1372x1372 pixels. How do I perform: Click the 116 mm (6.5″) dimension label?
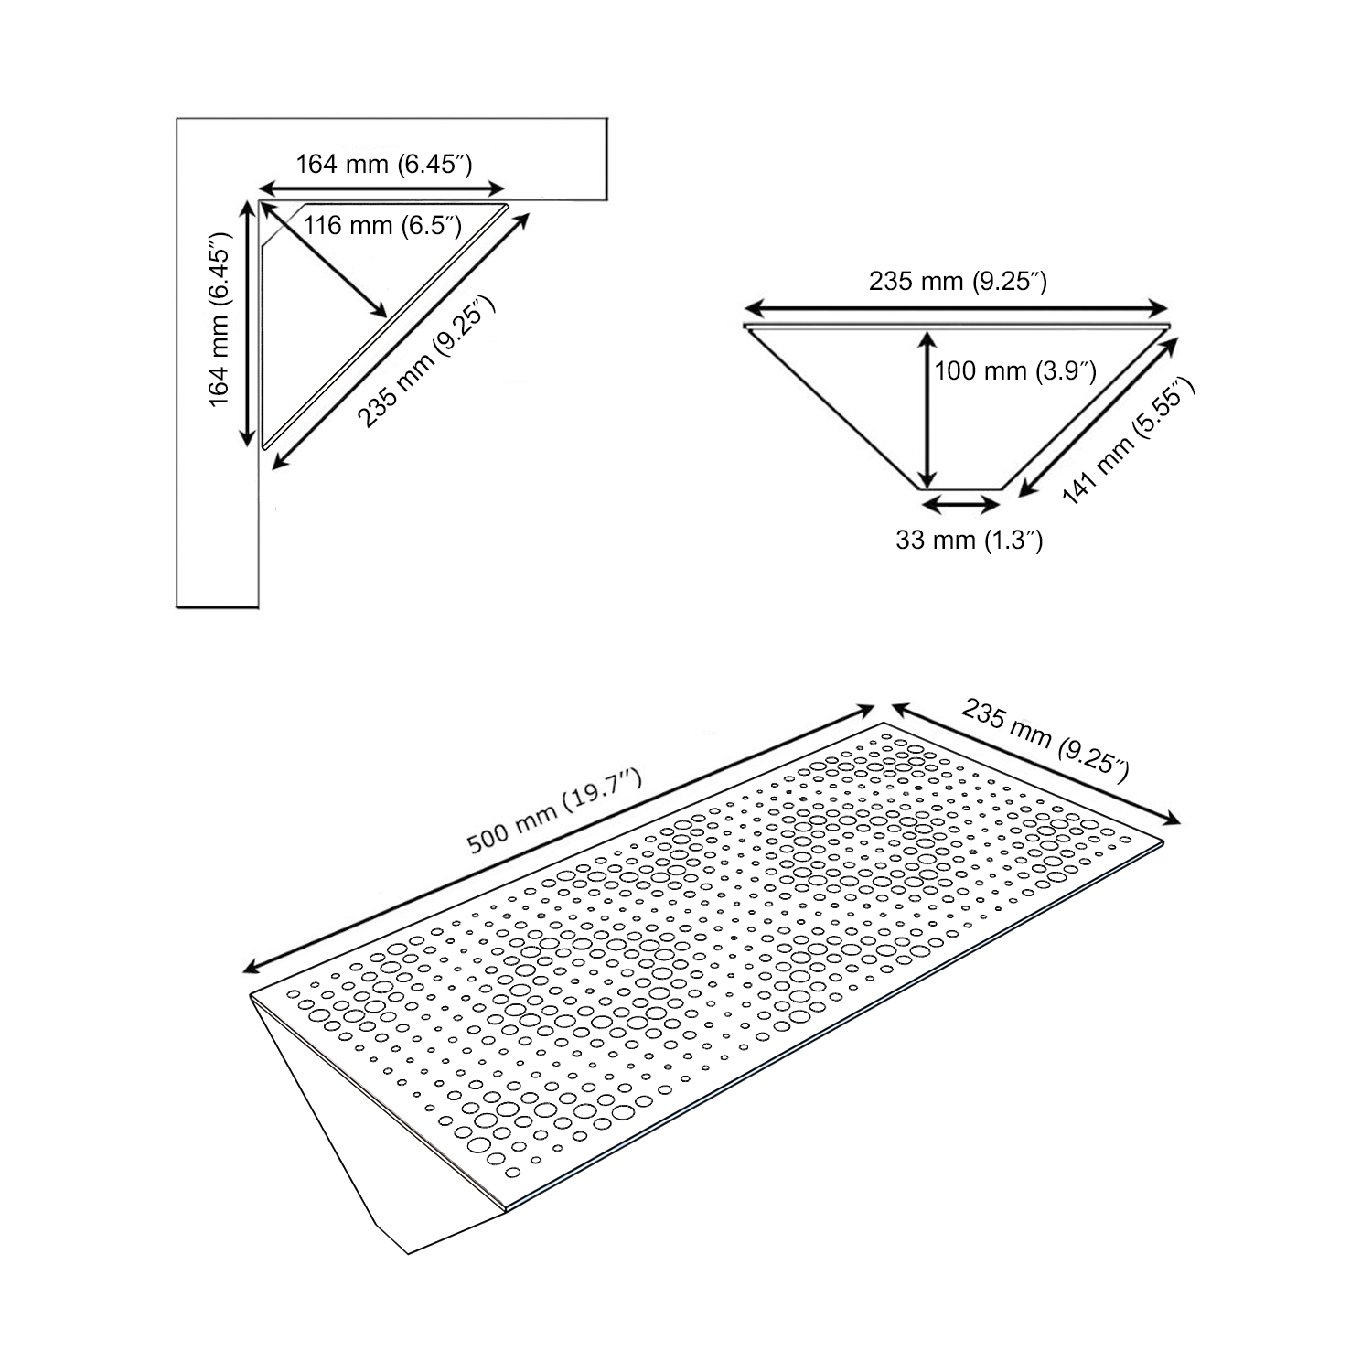[x=382, y=225]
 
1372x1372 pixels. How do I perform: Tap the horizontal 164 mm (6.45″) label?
[x=383, y=165]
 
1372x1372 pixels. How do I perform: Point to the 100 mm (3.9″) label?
[x=1014, y=371]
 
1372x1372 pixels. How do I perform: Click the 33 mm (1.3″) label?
[x=969, y=541]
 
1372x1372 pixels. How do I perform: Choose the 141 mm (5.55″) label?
[x=1128, y=442]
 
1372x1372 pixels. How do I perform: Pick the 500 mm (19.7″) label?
[x=554, y=811]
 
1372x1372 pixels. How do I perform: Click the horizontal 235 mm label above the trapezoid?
[x=957, y=282]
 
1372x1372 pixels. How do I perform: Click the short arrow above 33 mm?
[x=960, y=503]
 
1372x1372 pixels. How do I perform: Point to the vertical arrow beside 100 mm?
[x=927, y=410]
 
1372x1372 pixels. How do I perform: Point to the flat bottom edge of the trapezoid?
[x=960, y=489]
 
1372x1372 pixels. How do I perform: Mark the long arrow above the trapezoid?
[x=957, y=308]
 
